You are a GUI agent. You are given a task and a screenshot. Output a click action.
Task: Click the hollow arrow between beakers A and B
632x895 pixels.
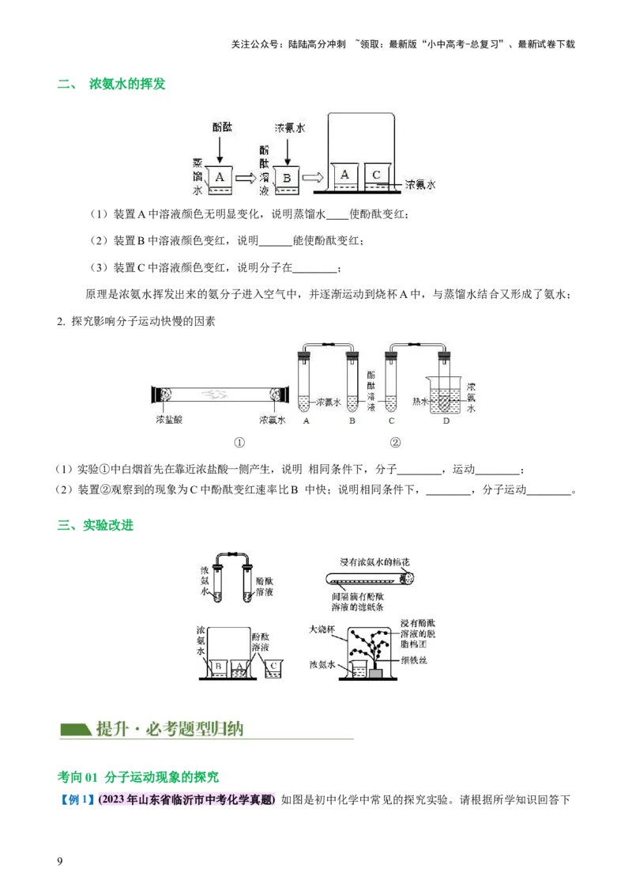click(x=247, y=178)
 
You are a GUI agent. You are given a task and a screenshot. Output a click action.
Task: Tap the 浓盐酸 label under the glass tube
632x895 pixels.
click(x=170, y=420)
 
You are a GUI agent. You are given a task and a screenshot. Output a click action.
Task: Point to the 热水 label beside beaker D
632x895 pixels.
click(x=421, y=402)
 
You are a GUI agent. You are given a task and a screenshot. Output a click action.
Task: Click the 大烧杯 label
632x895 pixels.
click(x=322, y=629)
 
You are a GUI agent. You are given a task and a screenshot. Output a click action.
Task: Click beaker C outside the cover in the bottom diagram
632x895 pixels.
click(x=273, y=667)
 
